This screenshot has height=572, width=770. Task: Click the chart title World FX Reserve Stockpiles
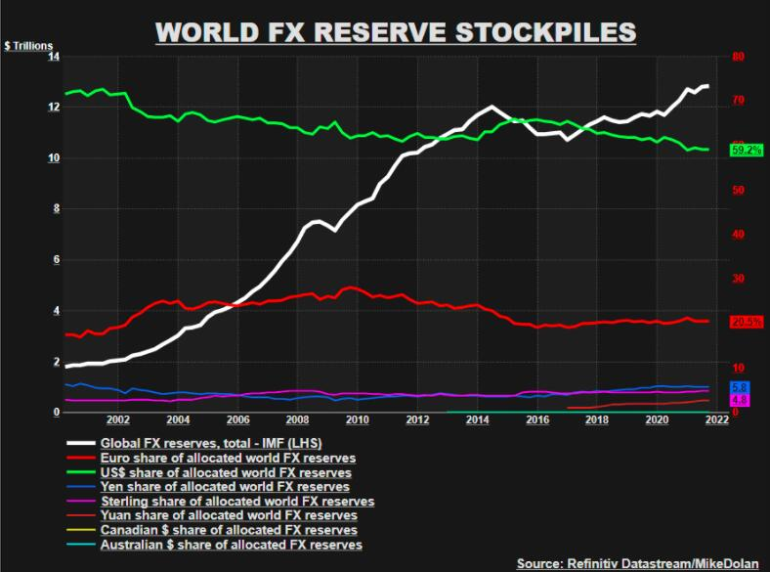pyautogui.click(x=396, y=31)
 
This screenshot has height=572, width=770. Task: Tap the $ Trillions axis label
pyautogui.click(x=28, y=46)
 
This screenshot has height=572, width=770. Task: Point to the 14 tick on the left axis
pyautogui.click(x=53, y=57)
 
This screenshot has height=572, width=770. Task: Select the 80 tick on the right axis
pyautogui.click(x=739, y=57)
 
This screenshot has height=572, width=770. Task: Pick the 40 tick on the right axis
pyautogui.click(x=739, y=235)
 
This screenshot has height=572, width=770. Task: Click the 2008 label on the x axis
pyautogui.click(x=299, y=420)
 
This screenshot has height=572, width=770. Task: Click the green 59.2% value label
pyautogui.click(x=746, y=150)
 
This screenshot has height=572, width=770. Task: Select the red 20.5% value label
pyautogui.click(x=746, y=322)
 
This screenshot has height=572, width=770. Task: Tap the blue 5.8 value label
pyautogui.click(x=740, y=387)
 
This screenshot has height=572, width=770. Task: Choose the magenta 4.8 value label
pyautogui.click(x=740, y=400)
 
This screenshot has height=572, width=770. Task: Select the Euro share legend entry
pyautogui.click(x=228, y=457)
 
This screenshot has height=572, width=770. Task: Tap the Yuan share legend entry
pyautogui.click(x=229, y=515)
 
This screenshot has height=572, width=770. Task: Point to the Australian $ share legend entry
pyautogui.click(x=231, y=545)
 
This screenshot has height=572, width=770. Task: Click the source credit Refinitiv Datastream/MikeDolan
pyautogui.click(x=639, y=563)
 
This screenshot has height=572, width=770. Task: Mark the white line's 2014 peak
pyautogui.click(x=490, y=107)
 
